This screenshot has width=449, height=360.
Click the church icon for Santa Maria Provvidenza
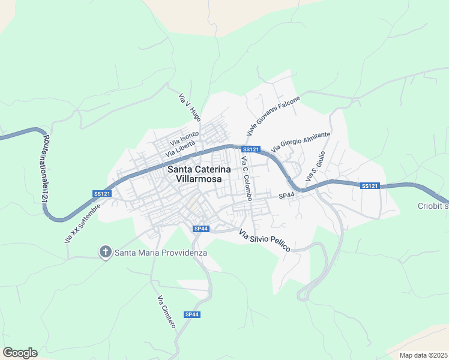point(105,252)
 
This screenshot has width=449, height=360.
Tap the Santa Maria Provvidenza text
point(161,253)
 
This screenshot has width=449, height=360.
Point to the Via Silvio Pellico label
point(265,240)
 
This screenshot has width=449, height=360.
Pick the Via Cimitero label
point(166,311)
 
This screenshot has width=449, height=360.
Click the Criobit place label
point(432,206)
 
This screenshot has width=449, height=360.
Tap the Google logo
point(20,353)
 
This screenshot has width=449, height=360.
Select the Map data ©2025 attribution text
point(423,355)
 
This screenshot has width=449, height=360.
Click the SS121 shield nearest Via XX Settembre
point(102,193)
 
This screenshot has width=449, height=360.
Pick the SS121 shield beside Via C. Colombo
point(250,149)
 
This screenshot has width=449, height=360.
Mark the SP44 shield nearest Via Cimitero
point(191,314)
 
